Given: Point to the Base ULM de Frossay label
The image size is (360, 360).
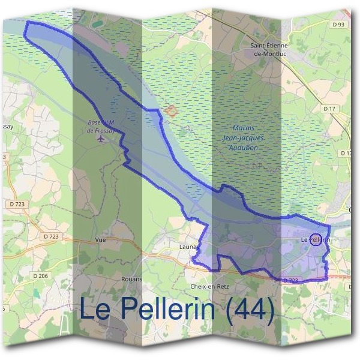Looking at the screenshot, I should click(x=100, y=126).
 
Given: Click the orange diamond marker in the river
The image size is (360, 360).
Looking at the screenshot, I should click(x=171, y=111).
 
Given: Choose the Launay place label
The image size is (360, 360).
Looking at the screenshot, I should click(x=188, y=245).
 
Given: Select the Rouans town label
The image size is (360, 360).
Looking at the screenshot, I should click(x=114, y=279).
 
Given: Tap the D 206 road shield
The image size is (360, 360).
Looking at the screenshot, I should click(x=41, y=275).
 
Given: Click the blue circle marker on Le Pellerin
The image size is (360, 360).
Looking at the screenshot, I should click(x=315, y=239).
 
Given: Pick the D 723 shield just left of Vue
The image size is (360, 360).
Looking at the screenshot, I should click(x=51, y=236).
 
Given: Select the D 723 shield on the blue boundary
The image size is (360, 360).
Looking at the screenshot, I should click(x=290, y=280).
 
